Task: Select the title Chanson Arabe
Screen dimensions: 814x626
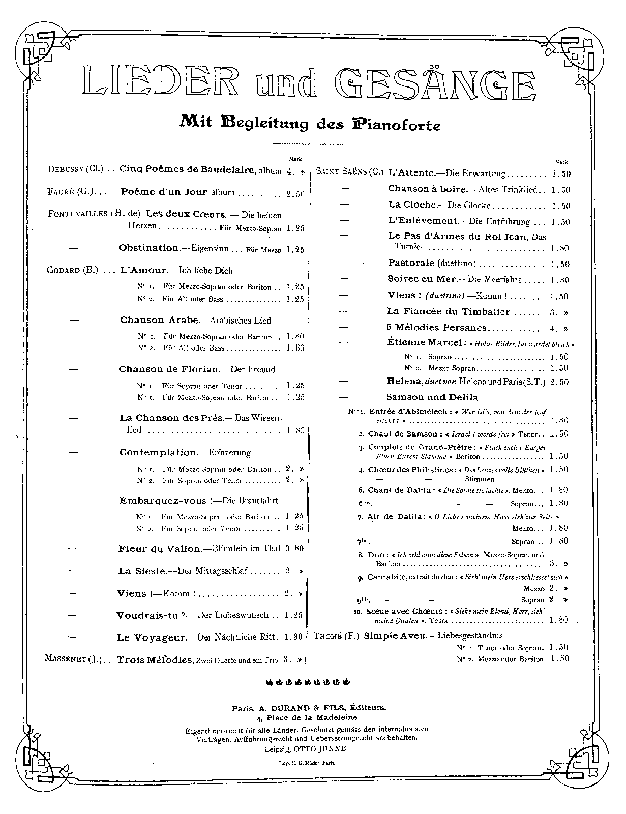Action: click(x=159, y=320)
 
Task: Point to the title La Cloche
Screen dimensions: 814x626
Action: click(x=412, y=205)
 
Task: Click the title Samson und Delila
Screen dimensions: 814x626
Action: click(x=432, y=397)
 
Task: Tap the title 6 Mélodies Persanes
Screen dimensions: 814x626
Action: click(x=437, y=328)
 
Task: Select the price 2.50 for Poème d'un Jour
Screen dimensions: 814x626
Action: click(x=295, y=193)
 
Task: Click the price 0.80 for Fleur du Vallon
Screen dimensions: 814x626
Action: click(x=294, y=549)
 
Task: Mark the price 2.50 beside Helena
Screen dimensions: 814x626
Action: click(x=559, y=382)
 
